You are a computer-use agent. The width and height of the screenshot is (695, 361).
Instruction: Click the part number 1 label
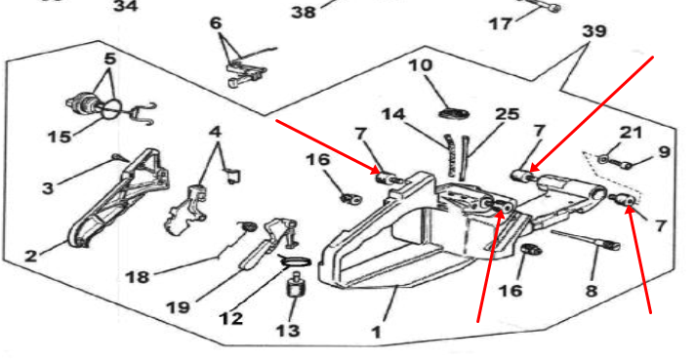(x=377, y=332)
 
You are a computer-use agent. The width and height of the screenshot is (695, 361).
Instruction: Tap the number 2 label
(x=30, y=256)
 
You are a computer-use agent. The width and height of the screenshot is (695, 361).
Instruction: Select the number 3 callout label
(x=48, y=187)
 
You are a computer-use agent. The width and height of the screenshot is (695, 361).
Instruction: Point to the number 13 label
(x=288, y=331)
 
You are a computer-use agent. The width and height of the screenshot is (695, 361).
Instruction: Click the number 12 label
(x=231, y=318)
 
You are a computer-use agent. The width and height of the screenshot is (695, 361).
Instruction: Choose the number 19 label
(x=179, y=306)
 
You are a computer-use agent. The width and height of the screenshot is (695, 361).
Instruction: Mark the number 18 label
(x=138, y=277)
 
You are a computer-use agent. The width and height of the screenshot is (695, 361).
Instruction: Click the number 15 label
(x=60, y=137)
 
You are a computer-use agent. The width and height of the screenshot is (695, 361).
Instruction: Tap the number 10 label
(x=420, y=65)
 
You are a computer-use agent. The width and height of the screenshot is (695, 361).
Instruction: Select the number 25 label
(x=507, y=114)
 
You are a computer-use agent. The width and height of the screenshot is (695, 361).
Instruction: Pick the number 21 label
(x=631, y=132)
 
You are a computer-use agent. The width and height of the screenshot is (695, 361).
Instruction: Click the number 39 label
(x=594, y=31)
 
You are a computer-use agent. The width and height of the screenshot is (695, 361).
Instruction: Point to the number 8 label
(x=592, y=291)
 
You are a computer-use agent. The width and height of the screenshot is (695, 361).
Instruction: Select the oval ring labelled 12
(x=295, y=262)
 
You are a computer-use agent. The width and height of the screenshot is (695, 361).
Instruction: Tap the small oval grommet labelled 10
(x=454, y=114)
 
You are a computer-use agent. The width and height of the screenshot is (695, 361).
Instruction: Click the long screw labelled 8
(x=586, y=240)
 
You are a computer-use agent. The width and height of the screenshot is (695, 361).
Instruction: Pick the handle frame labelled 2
(x=120, y=197)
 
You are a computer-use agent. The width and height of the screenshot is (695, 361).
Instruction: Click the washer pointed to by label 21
(x=602, y=159)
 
